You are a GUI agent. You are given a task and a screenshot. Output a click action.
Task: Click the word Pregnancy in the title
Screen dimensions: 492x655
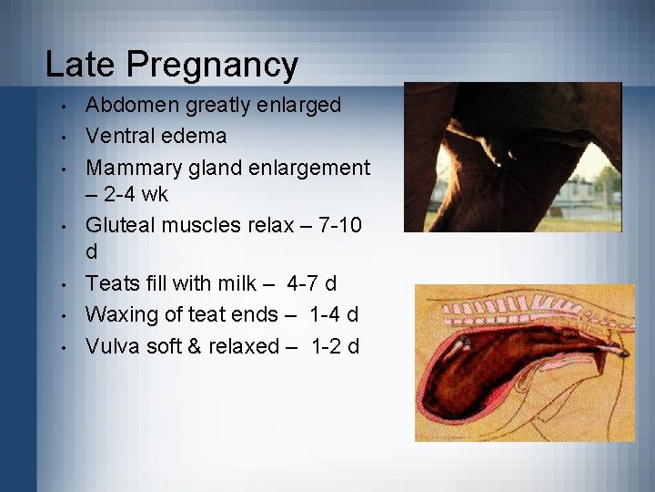point(212,65)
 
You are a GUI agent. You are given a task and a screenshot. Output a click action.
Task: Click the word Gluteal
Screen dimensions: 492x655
point(122,226)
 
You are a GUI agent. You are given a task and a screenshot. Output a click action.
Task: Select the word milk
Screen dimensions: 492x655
point(234,284)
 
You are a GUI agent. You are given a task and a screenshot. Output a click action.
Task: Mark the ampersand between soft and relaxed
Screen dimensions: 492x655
point(202,346)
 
